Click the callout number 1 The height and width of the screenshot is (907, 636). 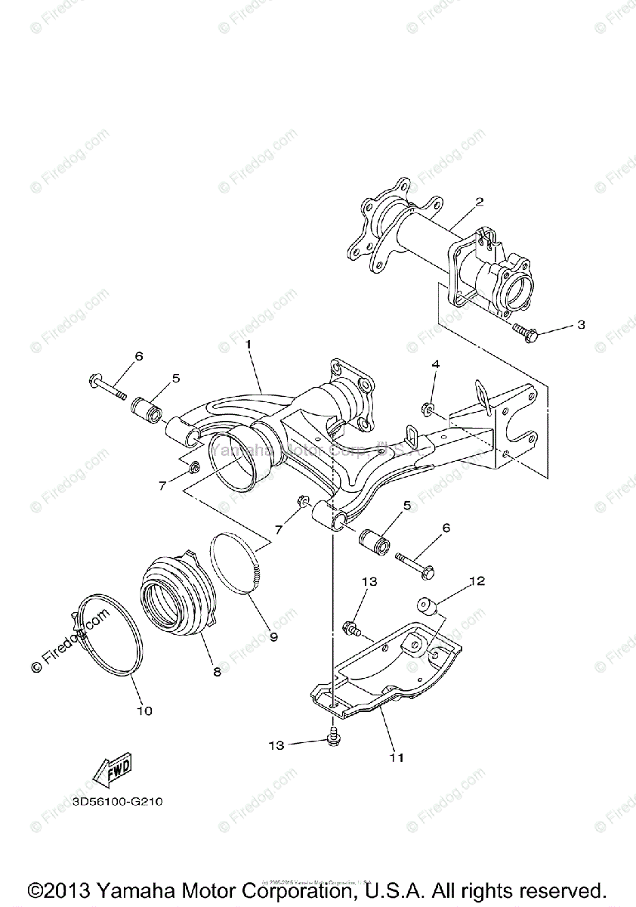246,344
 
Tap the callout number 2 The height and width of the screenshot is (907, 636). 479,202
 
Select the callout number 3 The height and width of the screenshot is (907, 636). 580,325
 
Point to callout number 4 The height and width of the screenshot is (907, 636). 436,364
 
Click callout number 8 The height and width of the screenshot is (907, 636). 217,672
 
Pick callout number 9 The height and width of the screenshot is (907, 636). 273,636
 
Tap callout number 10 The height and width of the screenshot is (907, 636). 144,710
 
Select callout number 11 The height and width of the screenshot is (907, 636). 397,757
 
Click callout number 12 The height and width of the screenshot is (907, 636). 477,581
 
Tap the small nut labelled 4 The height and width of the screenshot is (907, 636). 428,410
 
